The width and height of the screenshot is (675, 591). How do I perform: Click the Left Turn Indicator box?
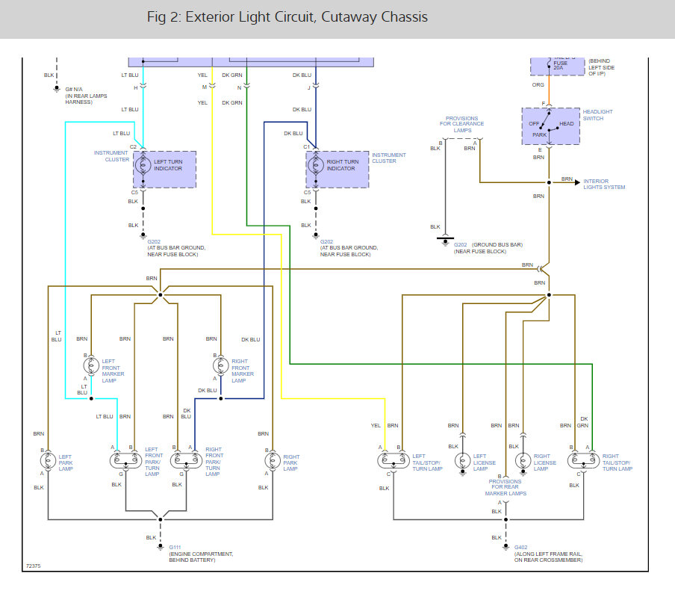click(164, 170)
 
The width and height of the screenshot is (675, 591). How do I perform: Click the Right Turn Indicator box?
click(337, 170)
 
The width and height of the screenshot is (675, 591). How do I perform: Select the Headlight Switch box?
click(550, 126)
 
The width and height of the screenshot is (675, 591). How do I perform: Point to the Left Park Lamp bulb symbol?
click(49, 460)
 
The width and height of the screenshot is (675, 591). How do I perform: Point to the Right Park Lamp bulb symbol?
click(272, 460)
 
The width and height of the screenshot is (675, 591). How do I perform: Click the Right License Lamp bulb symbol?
click(523, 460)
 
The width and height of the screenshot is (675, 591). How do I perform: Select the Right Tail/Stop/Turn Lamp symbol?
click(582, 460)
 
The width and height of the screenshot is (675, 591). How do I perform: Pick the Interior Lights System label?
click(604, 183)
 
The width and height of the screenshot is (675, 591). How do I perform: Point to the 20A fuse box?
click(558, 65)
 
